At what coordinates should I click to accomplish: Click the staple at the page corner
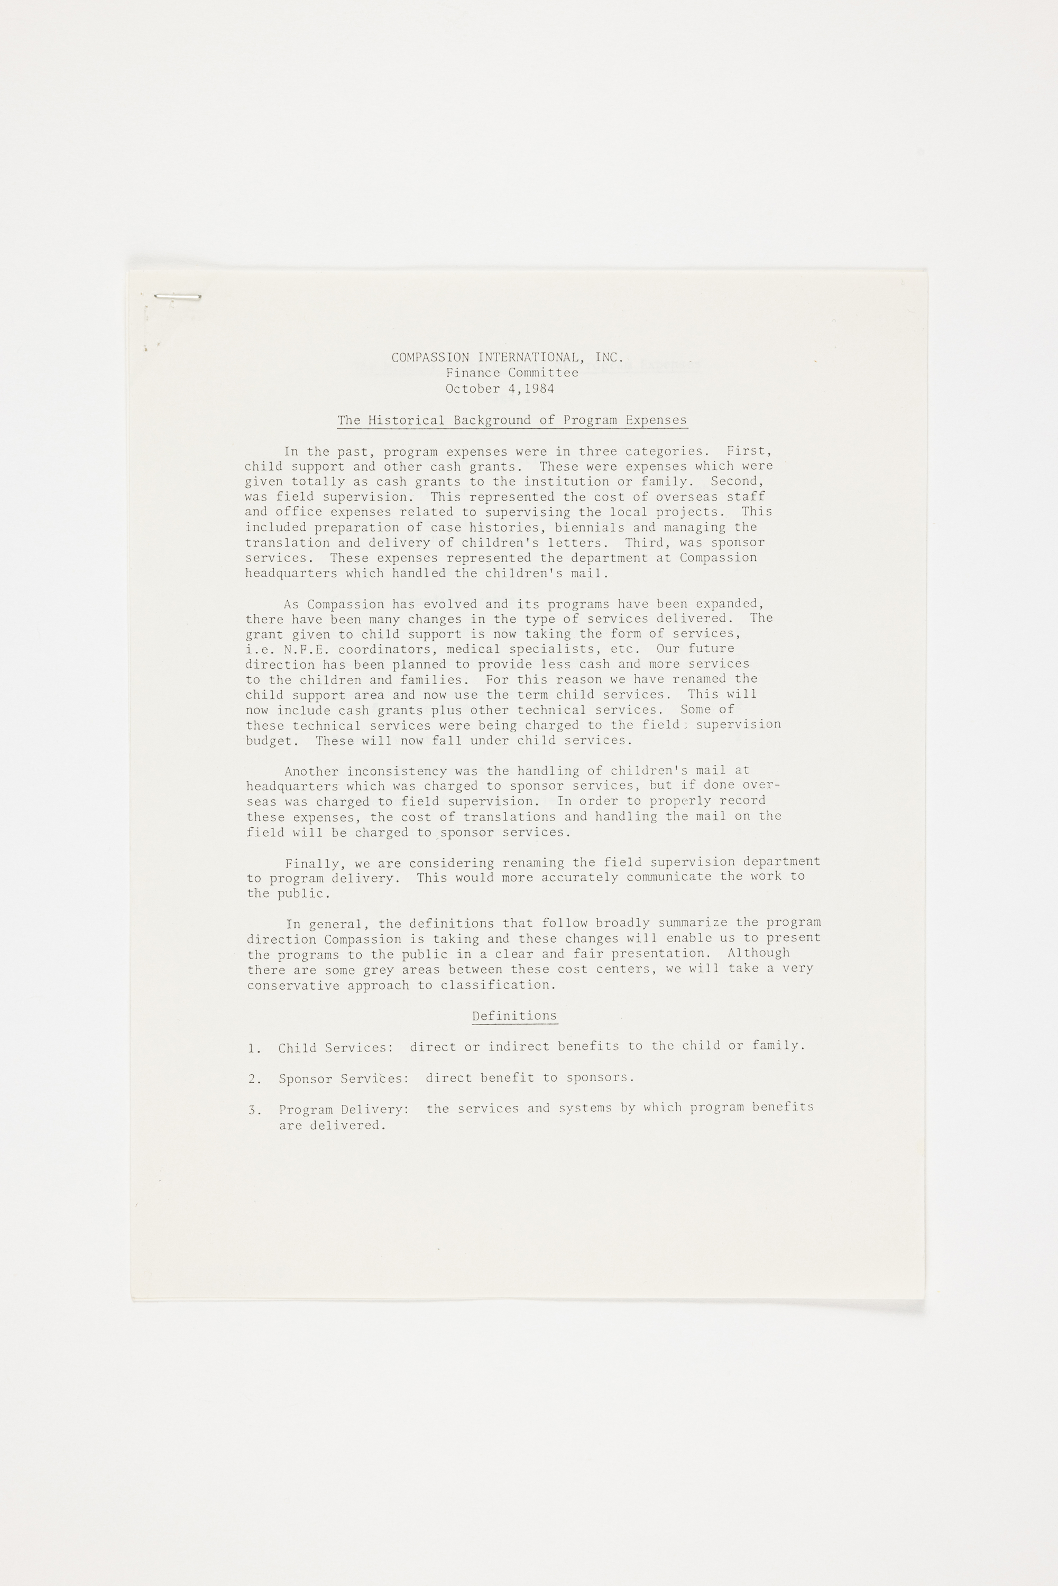coord(178,296)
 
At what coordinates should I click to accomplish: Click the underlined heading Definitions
coord(514,1016)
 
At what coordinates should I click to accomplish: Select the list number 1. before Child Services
coord(254,1048)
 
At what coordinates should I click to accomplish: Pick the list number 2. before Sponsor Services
coord(255,1080)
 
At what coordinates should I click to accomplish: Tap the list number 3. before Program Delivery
coord(255,1110)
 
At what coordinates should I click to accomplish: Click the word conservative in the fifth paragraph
coord(293,985)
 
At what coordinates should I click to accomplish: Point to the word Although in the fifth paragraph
coord(758,953)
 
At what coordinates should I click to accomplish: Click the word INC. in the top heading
coord(610,357)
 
